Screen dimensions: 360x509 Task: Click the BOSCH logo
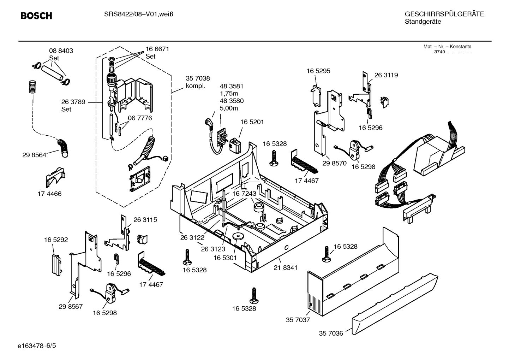(x=36, y=16)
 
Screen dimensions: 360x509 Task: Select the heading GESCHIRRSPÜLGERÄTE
(x=444, y=14)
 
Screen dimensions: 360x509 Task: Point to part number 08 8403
(x=61, y=51)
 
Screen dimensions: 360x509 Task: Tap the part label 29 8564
(x=34, y=155)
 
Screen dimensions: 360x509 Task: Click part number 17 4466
(x=49, y=194)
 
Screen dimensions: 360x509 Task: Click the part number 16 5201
(x=252, y=122)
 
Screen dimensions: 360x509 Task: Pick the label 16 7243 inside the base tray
(x=244, y=194)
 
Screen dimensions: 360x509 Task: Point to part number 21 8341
(x=285, y=268)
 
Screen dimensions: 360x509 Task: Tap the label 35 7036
(x=331, y=333)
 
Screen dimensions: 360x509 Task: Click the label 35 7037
(x=298, y=320)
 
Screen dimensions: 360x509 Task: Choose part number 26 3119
(x=386, y=75)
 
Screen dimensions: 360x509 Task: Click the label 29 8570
(x=335, y=163)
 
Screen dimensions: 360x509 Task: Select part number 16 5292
(x=56, y=240)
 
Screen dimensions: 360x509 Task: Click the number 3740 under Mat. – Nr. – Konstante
(x=439, y=52)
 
